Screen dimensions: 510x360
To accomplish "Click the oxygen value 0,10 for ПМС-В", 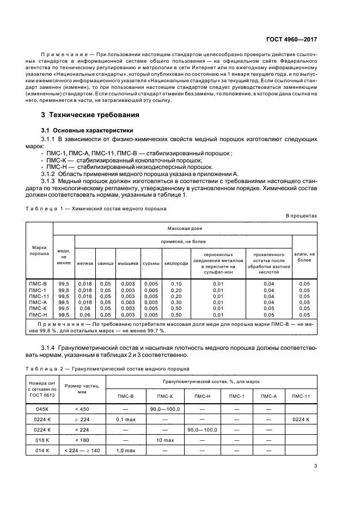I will tap(176, 284).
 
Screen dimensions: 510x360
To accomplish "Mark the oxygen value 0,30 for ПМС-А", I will tap(176, 302).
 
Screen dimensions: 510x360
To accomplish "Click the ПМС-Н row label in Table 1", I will tap(38, 314).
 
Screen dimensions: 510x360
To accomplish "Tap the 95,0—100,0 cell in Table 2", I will tap(202, 430).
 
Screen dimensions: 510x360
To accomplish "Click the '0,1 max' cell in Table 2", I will tap(125, 420).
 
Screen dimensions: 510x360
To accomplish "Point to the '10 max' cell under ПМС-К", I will tap(164, 440).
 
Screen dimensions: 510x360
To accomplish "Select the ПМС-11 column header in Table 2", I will tap(301, 396).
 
